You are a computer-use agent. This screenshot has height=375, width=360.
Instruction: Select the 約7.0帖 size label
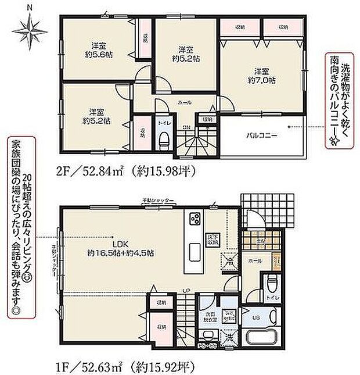tap(261, 80)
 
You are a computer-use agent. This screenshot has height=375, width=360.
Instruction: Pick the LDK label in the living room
tap(120, 244)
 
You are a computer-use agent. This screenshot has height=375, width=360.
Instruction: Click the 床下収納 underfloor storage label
tap(213, 239)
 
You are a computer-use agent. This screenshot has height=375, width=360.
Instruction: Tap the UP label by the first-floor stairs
tap(186, 290)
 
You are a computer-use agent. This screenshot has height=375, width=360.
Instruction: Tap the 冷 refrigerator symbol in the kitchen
tap(229, 262)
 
